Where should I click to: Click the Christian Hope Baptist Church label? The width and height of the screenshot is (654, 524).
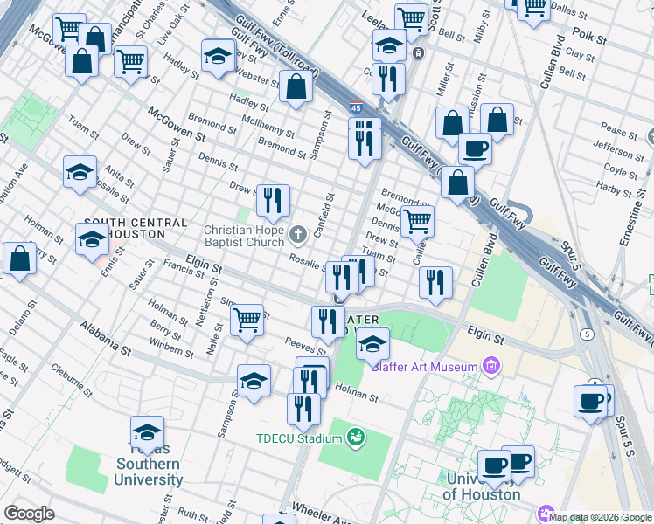click(244, 236)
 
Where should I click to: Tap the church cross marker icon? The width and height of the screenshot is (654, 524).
click(298, 233)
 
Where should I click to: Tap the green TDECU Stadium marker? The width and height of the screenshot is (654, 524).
click(355, 436)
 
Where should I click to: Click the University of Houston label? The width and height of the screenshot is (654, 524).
click(484, 486)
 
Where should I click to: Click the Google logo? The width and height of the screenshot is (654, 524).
click(29, 514)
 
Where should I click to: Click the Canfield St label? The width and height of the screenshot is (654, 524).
click(324, 218)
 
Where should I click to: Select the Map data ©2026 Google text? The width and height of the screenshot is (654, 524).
click(601, 516)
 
